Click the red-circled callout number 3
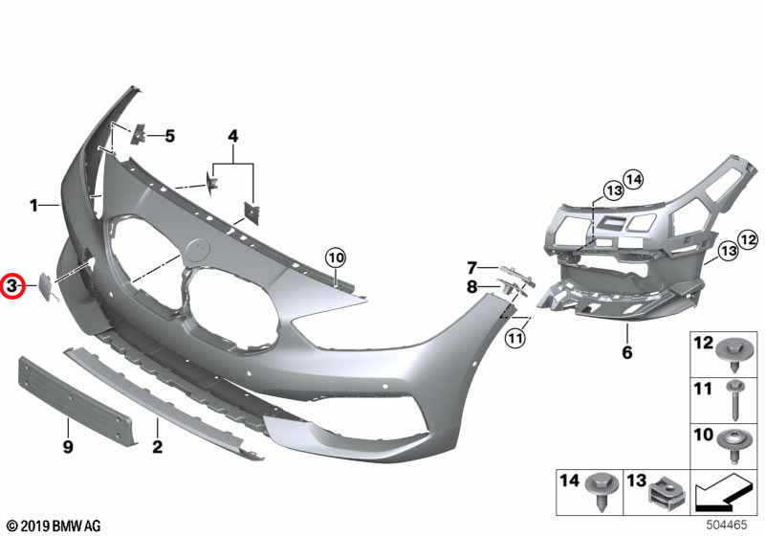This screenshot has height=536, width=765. [13, 285]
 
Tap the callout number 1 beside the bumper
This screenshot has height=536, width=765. [33, 205]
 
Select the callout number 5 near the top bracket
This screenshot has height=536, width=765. [169, 136]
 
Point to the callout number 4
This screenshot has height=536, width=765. [231, 137]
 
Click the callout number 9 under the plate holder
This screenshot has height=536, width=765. [68, 446]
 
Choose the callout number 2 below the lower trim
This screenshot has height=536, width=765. [158, 446]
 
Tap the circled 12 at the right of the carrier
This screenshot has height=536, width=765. [748, 238]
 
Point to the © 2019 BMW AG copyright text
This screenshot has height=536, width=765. [54, 525]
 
